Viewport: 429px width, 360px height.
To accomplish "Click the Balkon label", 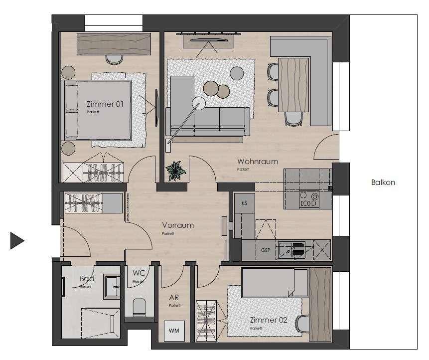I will (383, 182).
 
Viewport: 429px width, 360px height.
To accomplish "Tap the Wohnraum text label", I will (258, 162).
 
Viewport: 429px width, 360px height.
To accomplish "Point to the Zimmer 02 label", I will (269, 321).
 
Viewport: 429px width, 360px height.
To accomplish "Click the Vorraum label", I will (178, 225).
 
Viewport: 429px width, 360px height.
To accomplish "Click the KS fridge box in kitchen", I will (244, 203).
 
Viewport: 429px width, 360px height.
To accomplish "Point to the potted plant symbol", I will (175, 171).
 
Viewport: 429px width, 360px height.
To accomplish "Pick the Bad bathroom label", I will (87, 279).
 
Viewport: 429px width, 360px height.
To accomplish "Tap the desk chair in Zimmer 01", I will (115, 59).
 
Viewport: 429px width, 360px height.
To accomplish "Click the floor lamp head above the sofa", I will (198, 104).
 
